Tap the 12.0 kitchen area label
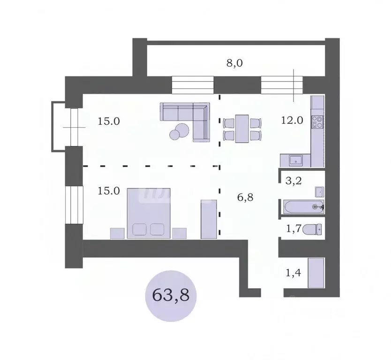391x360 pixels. point(293,120)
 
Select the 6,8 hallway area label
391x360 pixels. point(246,198)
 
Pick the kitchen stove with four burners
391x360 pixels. point(317,122)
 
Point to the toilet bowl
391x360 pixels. point(312,230)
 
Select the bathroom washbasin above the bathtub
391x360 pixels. point(319,191)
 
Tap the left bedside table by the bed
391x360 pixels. point(117,233)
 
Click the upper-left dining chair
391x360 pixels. point(229,123)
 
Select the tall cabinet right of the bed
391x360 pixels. point(207,219)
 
